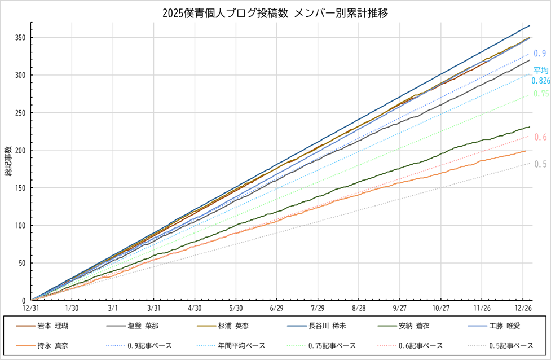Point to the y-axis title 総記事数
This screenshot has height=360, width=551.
8,161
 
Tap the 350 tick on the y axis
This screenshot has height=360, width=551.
21,38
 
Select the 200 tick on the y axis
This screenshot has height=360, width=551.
21,150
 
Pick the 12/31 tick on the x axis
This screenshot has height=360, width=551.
31,309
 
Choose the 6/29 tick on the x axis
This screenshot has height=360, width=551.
277,309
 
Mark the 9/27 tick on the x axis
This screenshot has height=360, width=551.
400,309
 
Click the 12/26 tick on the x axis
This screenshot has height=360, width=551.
523,309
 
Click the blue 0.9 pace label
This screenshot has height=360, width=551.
539,53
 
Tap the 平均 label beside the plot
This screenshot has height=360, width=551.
541,71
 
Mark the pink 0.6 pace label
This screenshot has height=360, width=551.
540,137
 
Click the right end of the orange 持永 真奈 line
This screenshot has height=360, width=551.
525,151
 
